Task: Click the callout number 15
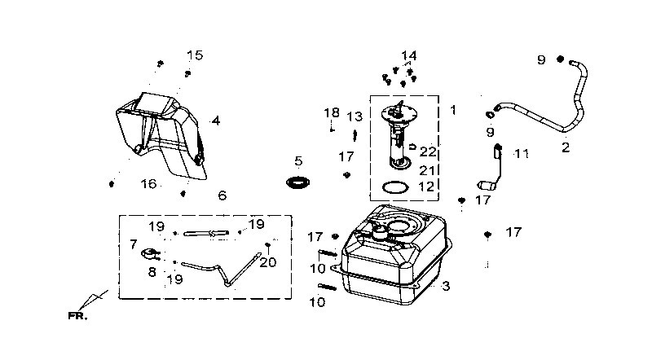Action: pyautogui.click(x=195, y=55)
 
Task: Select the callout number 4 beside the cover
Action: pyautogui.click(x=215, y=121)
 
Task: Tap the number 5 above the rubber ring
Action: pyautogui.click(x=298, y=161)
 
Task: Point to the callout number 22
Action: pyautogui.click(x=427, y=151)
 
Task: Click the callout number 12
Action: pyautogui.click(x=426, y=187)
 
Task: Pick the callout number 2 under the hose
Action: pyautogui.click(x=566, y=147)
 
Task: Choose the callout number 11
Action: pyautogui.click(x=522, y=154)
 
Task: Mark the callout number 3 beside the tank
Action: pyautogui.click(x=446, y=286)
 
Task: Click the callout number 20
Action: pyautogui.click(x=268, y=262)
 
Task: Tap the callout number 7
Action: pyautogui.click(x=133, y=244)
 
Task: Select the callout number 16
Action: pyautogui.click(x=148, y=184)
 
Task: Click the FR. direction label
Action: pyautogui.click(x=77, y=316)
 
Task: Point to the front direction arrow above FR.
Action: pyautogui.click(x=93, y=301)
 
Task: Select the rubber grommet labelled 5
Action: pyautogui.click(x=298, y=182)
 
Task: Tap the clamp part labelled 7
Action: pyautogui.click(x=151, y=253)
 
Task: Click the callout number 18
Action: pyautogui.click(x=332, y=113)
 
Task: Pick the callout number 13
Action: pyautogui.click(x=355, y=116)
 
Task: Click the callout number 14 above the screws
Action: pyautogui.click(x=409, y=55)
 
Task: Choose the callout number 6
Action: pyautogui.click(x=222, y=195)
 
